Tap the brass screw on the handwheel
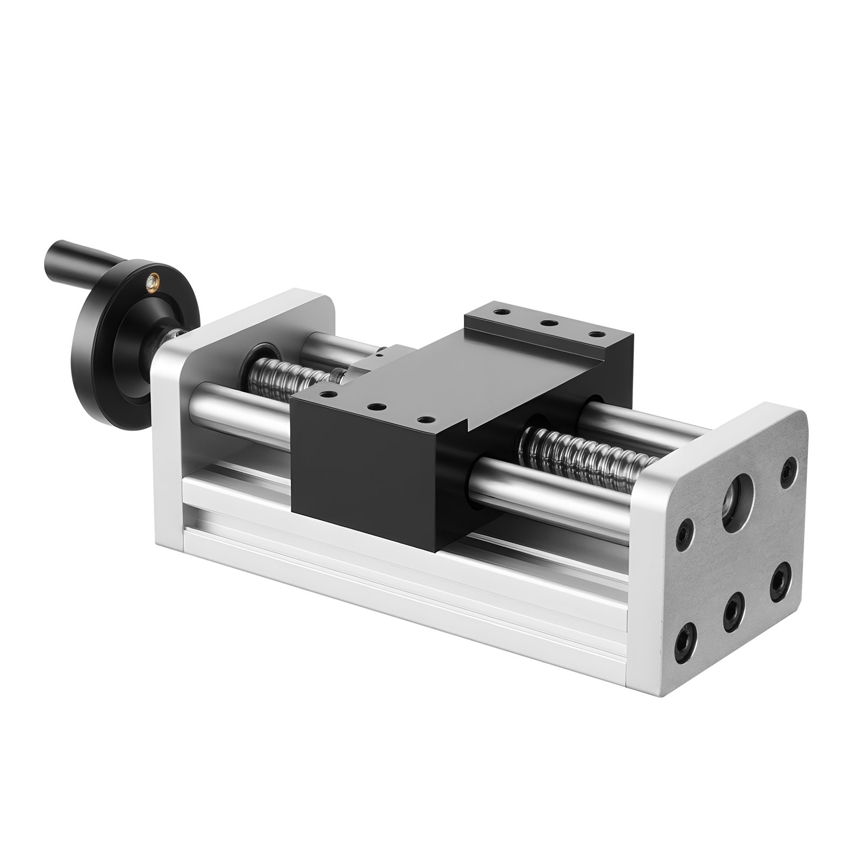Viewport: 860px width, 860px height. [x=154, y=278]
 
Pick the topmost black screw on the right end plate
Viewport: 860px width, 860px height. [x=788, y=465]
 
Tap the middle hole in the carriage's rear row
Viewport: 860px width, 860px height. [x=548, y=324]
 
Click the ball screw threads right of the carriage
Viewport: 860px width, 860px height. [x=586, y=451]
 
